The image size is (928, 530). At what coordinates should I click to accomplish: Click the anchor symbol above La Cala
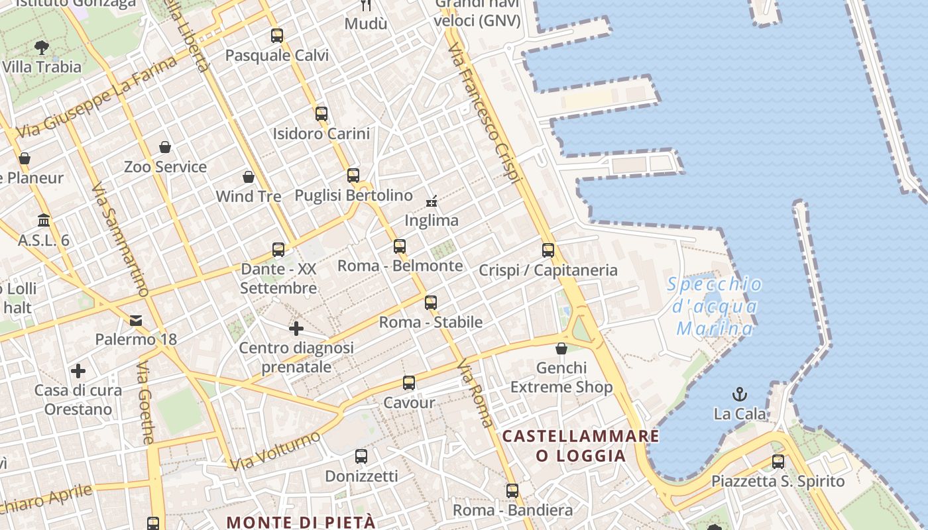coord(739,395)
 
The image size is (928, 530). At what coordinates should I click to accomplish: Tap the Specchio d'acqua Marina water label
coord(715,306)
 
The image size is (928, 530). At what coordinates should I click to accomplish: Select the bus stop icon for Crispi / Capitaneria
coord(548,250)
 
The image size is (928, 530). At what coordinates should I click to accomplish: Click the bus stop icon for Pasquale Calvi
coord(277,36)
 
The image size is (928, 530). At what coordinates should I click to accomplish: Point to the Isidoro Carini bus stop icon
coord(321,113)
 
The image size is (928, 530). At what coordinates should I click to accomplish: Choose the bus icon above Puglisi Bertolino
coord(353,176)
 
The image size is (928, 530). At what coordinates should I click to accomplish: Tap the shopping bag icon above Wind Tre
coord(249,177)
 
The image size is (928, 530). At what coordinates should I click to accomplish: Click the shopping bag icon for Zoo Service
coord(165,147)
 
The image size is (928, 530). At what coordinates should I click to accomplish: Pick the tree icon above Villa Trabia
coord(42,47)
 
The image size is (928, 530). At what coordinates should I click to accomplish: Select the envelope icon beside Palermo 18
coord(136,321)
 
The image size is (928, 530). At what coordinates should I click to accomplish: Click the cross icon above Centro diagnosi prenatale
coord(296,328)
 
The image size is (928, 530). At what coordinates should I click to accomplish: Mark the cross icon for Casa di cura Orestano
coord(78,370)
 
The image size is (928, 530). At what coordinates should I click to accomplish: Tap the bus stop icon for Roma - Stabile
coord(431,303)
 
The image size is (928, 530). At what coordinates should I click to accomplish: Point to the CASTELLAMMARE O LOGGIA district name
coord(581,445)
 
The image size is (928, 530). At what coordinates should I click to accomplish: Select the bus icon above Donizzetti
coord(361,456)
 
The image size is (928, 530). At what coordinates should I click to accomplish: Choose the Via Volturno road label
coord(275,450)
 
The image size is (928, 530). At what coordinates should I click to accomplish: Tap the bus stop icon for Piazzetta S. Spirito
coord(778,462)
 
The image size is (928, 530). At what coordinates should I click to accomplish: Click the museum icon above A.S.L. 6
coord(44,220)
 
